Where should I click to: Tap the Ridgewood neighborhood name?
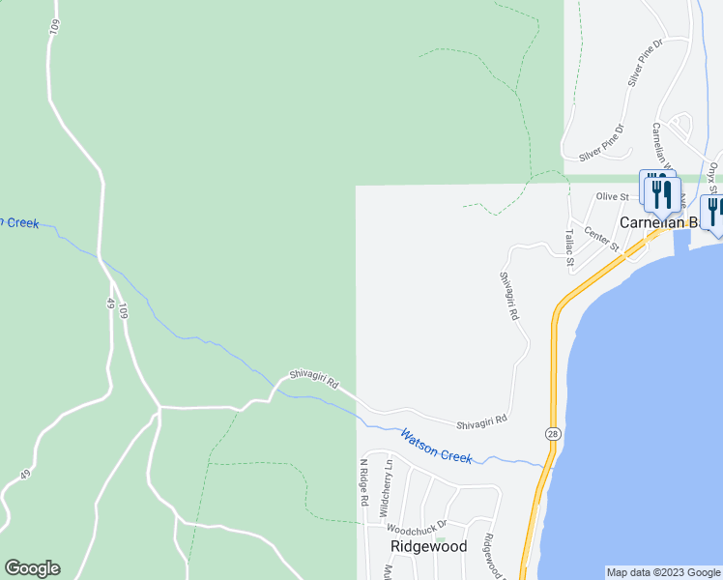(x=428, y=546)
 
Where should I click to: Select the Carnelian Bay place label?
(x=657, y=222)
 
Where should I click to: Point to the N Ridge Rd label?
(x=365, y=483)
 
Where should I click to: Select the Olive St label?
(x=612, y=196)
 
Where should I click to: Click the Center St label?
(x=601, y=238)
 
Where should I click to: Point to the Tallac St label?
(x=570, y=248)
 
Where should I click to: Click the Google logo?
(x=32, y=568)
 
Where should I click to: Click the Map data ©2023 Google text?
(x=663, y=572)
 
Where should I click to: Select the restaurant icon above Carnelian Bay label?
(x=661, y=193)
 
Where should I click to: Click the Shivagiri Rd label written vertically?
(x=509, y=296)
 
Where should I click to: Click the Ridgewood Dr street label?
(x=495, y=558)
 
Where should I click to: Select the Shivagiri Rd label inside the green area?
(x=313, y=383)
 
